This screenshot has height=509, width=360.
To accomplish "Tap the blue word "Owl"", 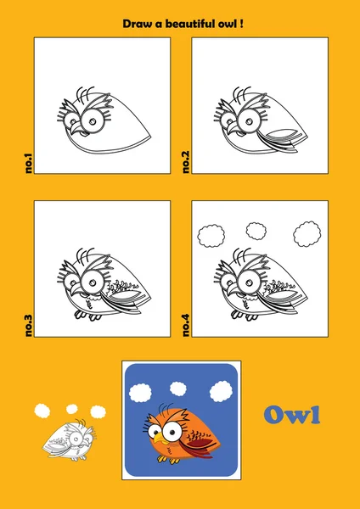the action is click(x=292, y=415).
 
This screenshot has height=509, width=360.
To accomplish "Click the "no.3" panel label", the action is click(x=29, y=326).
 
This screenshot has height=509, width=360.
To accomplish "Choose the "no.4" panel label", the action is click(x=186, y=326).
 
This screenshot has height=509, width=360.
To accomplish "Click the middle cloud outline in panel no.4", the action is click(x=256, y=231).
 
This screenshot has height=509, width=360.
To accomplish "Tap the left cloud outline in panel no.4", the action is click(x=211, y=235).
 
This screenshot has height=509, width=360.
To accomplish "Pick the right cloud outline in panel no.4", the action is click(x=307, y=234).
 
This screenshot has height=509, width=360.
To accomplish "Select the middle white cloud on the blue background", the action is click(x=178, y=389).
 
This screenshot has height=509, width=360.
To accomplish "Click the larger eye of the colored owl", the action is click(x=172, y=431).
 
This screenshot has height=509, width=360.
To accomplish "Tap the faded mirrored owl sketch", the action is click(x=70, y=439).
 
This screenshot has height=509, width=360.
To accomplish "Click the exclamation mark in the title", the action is click(x=241, y=24).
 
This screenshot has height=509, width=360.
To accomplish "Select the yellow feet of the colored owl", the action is click(x=168, y=459).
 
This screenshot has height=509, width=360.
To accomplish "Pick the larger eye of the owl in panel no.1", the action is click(x=93, y=121).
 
